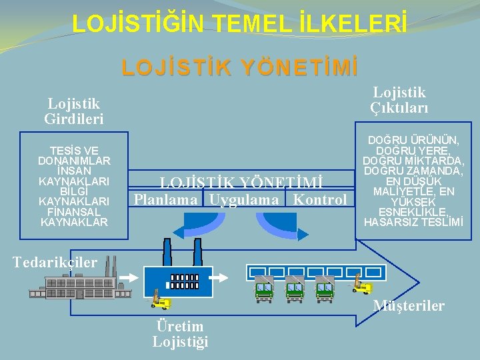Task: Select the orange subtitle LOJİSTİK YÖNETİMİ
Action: tap(240, 67)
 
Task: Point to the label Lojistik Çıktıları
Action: tap(399, 100)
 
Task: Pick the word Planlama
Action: tap(165, 199)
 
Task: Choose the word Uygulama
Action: tap(244, 199)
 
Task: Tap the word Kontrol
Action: tap(320, 199)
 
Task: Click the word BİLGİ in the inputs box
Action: tap(74, 191)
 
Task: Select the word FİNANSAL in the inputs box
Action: tap(74, 211)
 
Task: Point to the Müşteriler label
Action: tap(409, 305)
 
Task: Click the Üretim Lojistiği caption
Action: tap(180, 333)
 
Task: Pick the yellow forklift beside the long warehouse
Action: tap(362, 287)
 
